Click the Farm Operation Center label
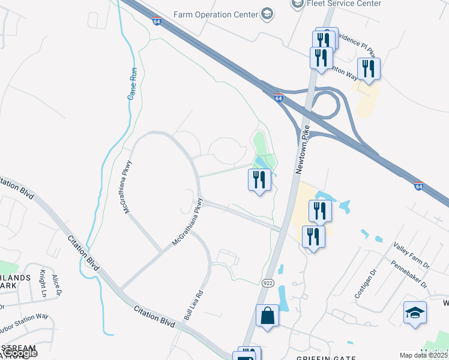[x=215, y=14]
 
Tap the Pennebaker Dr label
[x=409, y=273]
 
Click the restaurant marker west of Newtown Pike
[x=259, y=179]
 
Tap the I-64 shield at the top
[x=157, y=21]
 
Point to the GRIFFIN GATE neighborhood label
[x=321, y=357]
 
